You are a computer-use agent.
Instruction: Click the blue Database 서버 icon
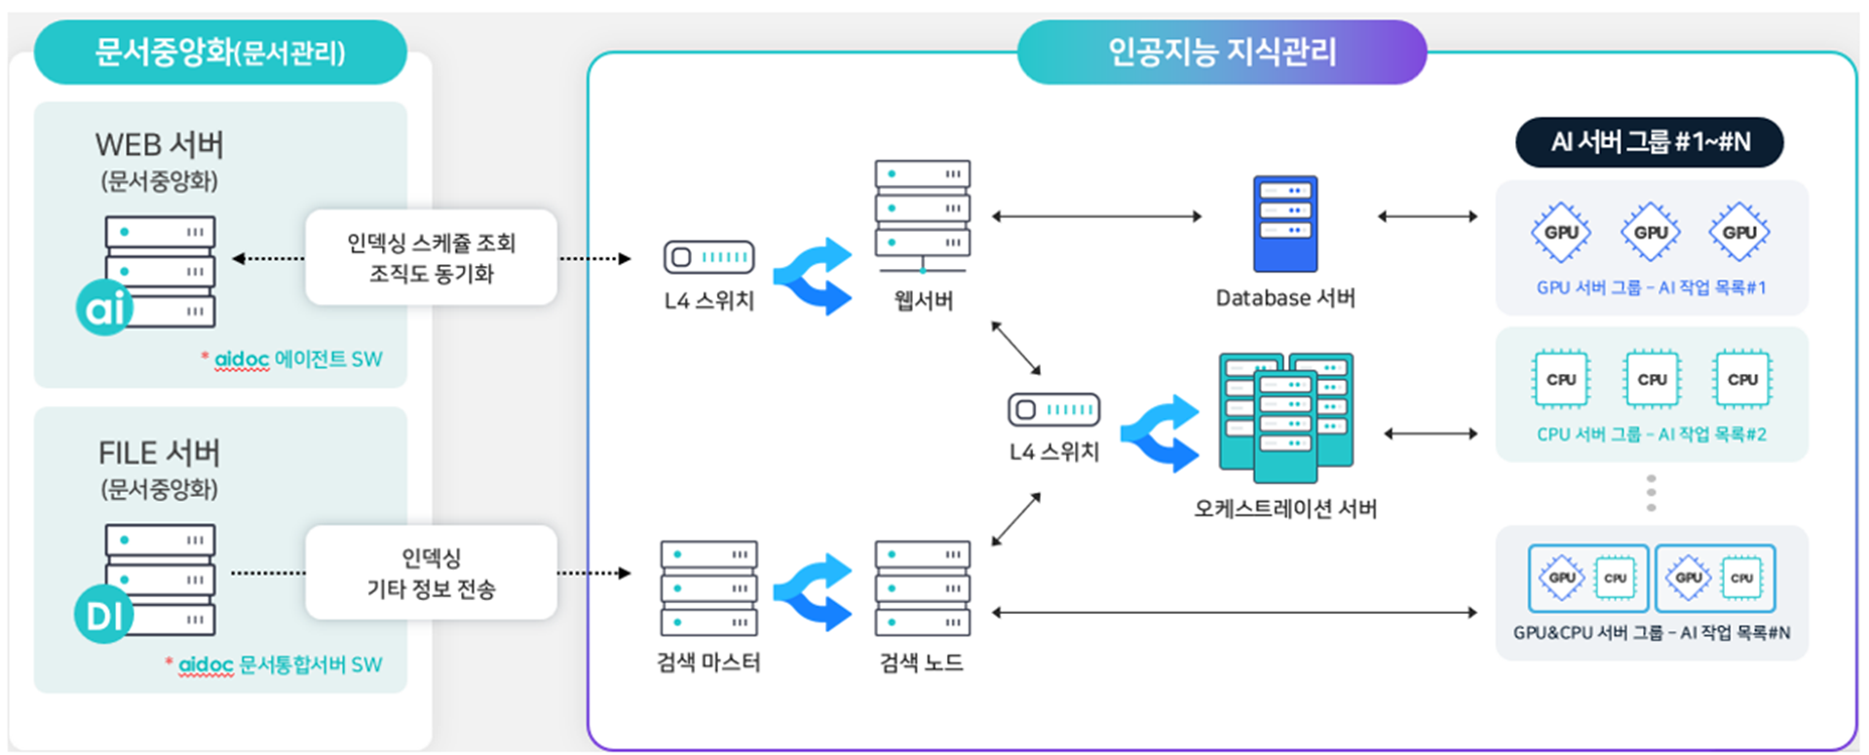tap(1284, 224)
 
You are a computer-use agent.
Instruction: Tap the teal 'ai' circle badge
tap(104, 309)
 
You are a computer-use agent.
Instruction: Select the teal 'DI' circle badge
tap(103, 615)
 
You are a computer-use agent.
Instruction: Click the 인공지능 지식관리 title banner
tap(1221, 52)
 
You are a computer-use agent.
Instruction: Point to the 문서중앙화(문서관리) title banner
tap(220, 53)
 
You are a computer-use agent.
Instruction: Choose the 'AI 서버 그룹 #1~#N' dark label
tap(1649, 142)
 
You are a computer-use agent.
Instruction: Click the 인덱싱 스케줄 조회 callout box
tap(431, 257)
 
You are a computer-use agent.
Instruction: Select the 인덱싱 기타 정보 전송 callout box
tap(431, 573)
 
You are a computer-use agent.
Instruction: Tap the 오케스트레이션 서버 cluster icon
tap(1285, 418)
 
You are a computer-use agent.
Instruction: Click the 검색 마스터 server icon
tap(708, 587)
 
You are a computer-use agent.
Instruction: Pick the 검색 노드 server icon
tap(922, 587)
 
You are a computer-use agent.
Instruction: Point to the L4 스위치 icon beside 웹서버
tap(708, 257)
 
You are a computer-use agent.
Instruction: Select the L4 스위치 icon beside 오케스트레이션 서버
tap(1053, 409)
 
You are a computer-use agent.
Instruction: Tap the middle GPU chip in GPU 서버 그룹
tap(1650, 233)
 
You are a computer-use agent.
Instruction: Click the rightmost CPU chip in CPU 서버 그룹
tap(1741, 379)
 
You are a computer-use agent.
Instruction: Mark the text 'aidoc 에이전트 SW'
tap(297, 359)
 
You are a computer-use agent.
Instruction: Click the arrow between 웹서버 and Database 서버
tap(1096, 216)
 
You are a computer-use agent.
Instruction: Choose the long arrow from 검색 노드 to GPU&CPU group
tap(1234, 613)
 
